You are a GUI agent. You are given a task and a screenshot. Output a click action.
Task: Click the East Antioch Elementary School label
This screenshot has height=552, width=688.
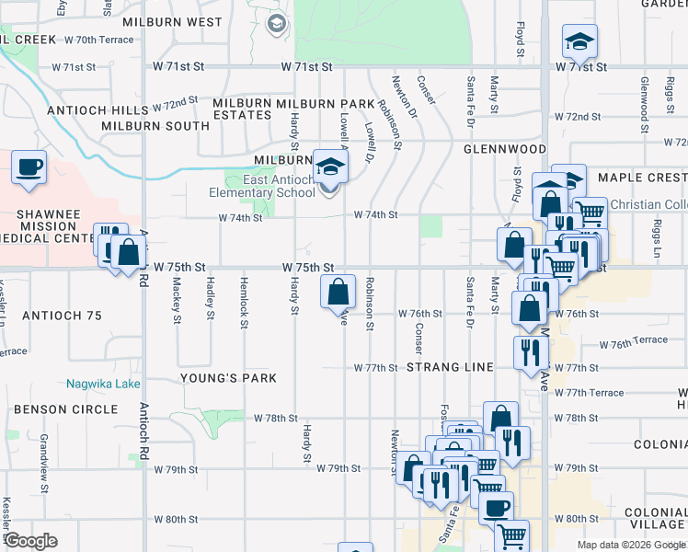coord(261,186)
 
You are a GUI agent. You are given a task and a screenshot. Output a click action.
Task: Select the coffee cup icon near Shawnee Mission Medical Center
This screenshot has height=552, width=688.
coord(29,168)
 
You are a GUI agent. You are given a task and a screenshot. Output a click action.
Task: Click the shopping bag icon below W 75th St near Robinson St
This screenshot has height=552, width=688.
coord(338,292)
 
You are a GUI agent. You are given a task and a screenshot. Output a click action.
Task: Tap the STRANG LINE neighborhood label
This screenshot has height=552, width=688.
coord(451,367)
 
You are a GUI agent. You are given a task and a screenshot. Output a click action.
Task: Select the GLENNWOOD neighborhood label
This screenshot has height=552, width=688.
coord(505,148)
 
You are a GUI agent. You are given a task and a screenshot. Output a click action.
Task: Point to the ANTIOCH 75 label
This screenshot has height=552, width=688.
coord(63,316)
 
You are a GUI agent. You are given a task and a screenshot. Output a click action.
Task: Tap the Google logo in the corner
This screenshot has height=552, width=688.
coord(31,541)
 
